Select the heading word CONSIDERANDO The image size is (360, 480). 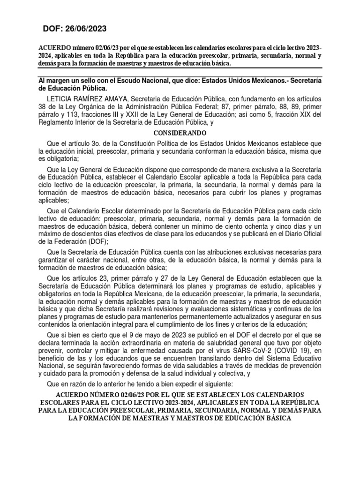point(180,133)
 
